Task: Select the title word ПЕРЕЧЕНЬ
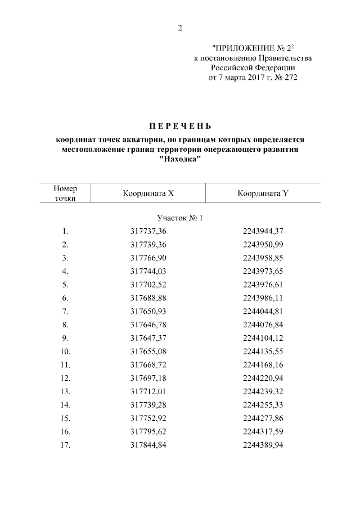coord(180,125)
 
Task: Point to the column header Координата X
coord(148,193)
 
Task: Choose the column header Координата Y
coord(263,193)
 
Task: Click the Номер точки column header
coord(65,193)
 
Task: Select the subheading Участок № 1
coord(178,218)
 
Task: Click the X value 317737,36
coord(148,231)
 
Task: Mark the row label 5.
coord(65,285)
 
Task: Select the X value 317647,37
coord(148,338)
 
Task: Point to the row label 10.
coord(65,352)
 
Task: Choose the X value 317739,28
coord(148,405)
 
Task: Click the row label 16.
coord(65,431)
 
